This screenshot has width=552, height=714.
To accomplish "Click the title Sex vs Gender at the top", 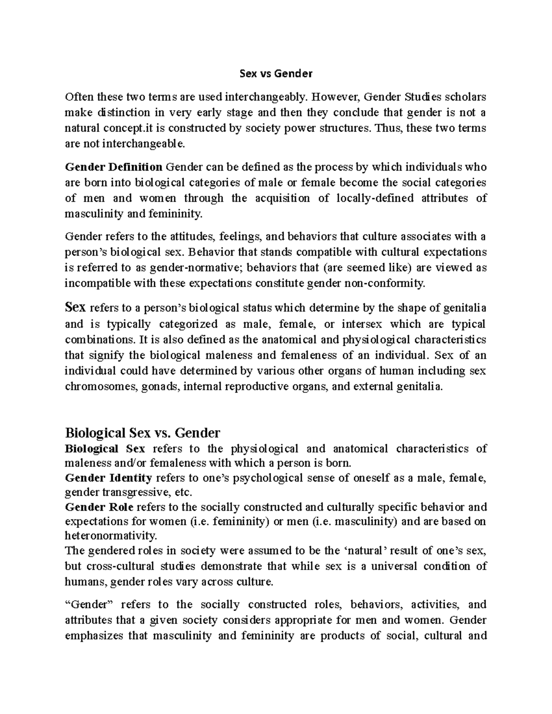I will pyautogui.click(x=276, y=73).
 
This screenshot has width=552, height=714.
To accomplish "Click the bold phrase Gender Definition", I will pyautogui.click(x=114, y=166).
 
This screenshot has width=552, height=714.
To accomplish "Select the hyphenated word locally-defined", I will pyautogui.click(x=375, y=198).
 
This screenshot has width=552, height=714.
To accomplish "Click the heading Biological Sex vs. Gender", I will pyautogui.click(x=143, y=433).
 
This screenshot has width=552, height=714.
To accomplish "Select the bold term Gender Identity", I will pyautogui.click(x=109, y=478).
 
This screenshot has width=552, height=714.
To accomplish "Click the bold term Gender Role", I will pyautogui.click(x=99, y=507).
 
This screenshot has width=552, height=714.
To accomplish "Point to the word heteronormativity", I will pyautogui.click(x=111, y=536).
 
